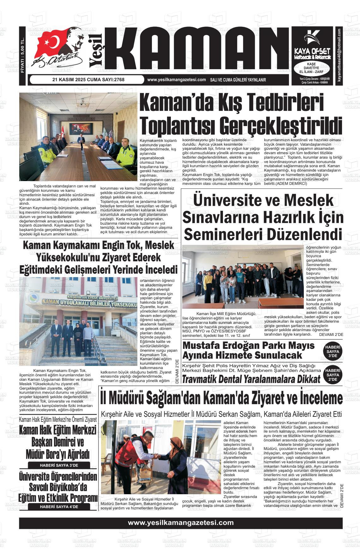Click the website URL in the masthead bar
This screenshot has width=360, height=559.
[x=177, y=80]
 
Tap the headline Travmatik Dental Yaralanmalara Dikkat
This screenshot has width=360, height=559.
[x=251, y=379]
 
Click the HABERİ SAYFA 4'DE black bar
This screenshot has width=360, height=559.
[x=59, y=507]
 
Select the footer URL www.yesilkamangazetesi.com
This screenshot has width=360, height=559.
[x=181, y=523]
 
